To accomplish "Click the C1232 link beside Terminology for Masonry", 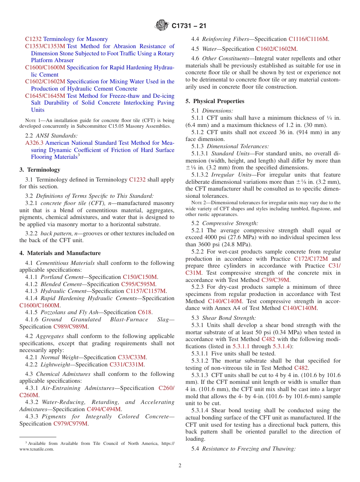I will [33, 39].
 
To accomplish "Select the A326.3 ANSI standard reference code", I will [34, 143].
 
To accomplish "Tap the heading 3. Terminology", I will [40, 170].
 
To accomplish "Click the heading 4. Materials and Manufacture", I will [60, 253].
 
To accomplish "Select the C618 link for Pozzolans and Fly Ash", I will [144, 312].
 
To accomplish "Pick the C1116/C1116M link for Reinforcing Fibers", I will [308, 39].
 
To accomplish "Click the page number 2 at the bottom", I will [180, 466].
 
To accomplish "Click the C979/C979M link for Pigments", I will [70, 424].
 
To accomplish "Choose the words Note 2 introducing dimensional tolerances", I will [198, 203].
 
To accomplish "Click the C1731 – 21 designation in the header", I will [189, 26].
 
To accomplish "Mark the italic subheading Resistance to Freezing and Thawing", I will [249, 449].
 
